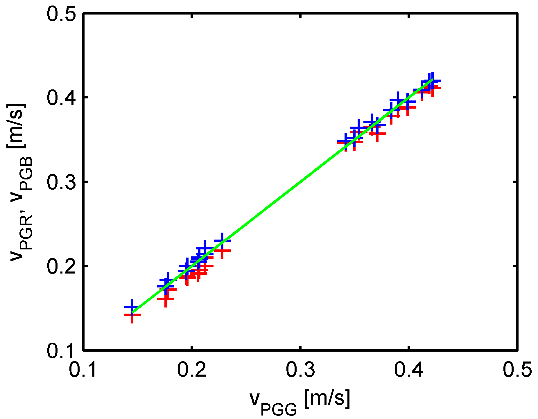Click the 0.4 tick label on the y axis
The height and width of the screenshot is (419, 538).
tap(61, 98)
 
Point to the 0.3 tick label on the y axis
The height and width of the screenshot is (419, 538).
tap(61, 182)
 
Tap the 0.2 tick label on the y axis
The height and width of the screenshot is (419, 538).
tap(61, 267)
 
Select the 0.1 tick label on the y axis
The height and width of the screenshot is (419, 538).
tap(61, 350)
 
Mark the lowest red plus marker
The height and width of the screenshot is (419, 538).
tap(132, 315)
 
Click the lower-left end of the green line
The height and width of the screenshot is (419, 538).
tap(132, 312)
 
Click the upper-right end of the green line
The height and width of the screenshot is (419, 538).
tap(433, 79)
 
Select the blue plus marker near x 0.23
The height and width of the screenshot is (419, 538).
tap(222, 241)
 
